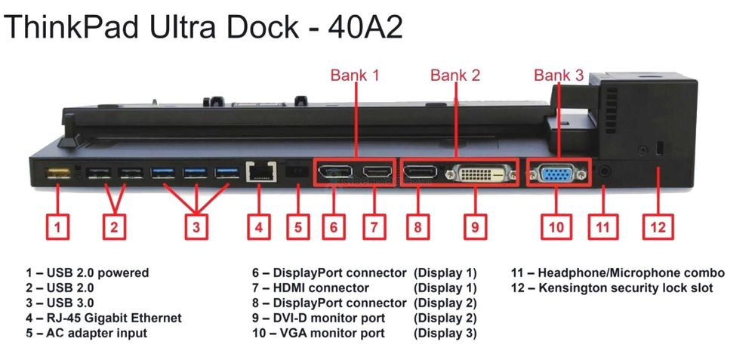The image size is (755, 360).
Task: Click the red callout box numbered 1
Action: point(60,226)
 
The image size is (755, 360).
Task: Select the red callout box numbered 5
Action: point(297,226)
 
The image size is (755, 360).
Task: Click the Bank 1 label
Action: point(355,75)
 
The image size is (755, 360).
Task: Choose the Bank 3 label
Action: point(559,75)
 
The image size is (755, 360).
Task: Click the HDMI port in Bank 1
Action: point(377,174)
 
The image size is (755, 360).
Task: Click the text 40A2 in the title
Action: point(365,27)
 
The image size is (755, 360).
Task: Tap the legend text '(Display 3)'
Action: point(445,333)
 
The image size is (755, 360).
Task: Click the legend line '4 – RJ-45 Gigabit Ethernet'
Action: point(103,318)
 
